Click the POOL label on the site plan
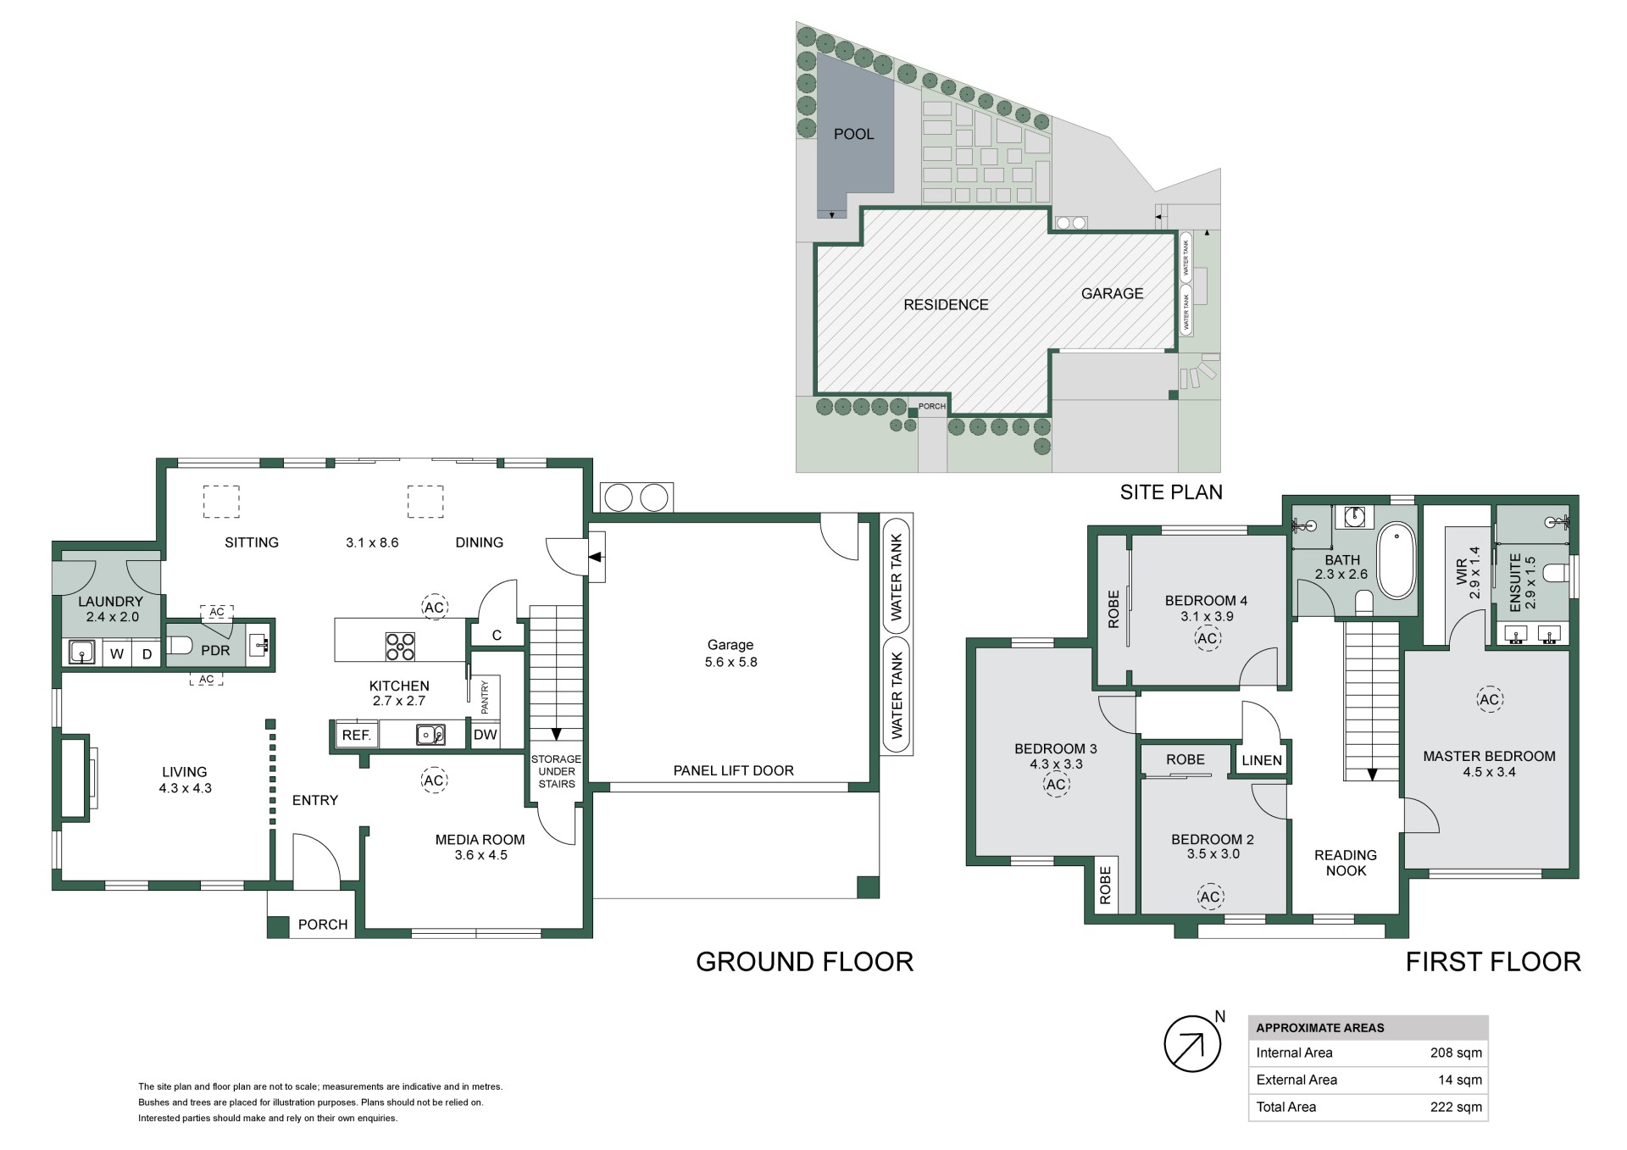tap(853, 134)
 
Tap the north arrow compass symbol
tap(1192, 1044)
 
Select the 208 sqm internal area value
tap(1456, 1053)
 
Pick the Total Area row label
tap(1285, 1107)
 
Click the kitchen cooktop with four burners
tap(400, 647)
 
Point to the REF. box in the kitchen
tap(357, 735)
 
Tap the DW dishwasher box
tap(486, 735)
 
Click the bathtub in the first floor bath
tap(1397, 562)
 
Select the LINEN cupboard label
tap(1262, 760)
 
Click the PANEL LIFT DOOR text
tap(734, 770)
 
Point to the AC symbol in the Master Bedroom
tap(1489, 699)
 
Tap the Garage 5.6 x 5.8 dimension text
tap(730, 662)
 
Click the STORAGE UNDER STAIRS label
tap(557, 771)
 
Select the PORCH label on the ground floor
tap(323, 925)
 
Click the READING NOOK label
tap(1346, 863)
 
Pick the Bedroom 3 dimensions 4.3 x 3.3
tap(1056, 764)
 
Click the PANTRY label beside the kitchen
tap(486, 697)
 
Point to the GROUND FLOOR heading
tap(804, 961)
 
